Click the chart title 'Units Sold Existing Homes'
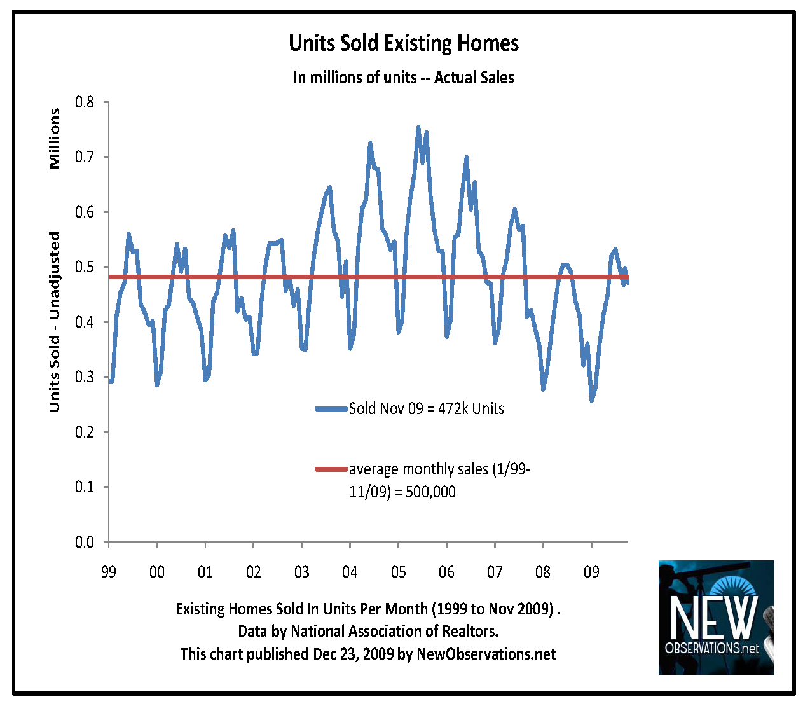[404, 43]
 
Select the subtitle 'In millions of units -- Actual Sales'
[404, 78]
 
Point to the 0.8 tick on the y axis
[85, 102]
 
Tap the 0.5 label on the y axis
[85, 267]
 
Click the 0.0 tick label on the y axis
[85, 543]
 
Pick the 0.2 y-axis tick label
[85, 433]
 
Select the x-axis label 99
[109, 572]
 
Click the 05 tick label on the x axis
[398, 572]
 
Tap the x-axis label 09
[591, 572]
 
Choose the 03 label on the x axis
[301, 572]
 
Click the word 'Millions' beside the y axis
[55, 138]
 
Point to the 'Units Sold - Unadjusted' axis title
[55, 322]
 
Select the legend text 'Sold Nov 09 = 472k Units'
[427, 409]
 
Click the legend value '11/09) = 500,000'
[402, 492]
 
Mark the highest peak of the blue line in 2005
[418, 127]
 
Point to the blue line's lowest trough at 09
[592, 401]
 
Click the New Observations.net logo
[716, 617]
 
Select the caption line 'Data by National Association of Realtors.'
[368, 631]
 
